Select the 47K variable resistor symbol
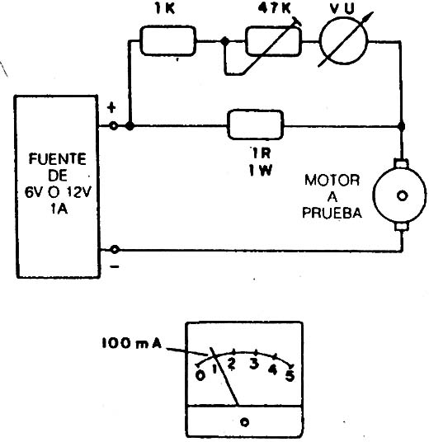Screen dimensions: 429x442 tap(273, 41)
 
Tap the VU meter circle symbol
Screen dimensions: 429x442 tap(343, 40)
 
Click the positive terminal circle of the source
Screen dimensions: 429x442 tap(114, 125)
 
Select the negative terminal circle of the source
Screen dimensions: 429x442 tap(115, 250)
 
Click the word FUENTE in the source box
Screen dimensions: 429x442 tap(58, 159)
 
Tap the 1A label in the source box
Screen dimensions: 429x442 tap(59, 209)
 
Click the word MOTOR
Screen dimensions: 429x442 tap(332, 180)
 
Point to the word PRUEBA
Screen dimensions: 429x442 tap(332, 213)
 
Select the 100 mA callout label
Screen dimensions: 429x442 tap(132, 343)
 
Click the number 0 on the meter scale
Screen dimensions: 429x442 tap(200, 375)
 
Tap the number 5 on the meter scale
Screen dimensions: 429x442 tap(290, 375)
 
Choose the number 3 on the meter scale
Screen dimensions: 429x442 tap(254, 364)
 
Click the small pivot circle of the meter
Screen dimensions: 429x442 tap(244, 422)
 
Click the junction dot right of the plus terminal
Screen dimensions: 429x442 tap(130, 125)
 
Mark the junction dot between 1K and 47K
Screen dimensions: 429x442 tap(224, 41)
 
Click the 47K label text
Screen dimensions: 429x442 tap(274, 9)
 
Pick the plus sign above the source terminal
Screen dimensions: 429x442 tap(112, 107)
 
